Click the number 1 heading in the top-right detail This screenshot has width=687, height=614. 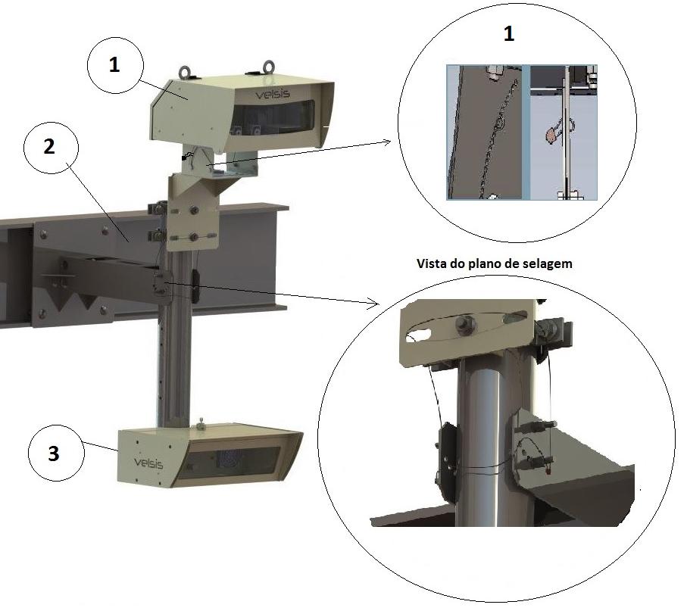(x=508, y=34)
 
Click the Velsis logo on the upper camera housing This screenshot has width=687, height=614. (x=273, y=94)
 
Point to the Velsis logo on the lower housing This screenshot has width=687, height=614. (x=148, y=463)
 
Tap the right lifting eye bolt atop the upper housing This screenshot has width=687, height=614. (x=268, y=67)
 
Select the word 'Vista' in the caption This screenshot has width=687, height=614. (x=429, y=263)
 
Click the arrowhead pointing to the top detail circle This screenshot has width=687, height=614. (x=386, y=142)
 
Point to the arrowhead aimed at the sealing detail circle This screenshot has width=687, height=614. (x=373, y=303)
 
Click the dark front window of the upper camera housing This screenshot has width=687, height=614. (x=273, y=117)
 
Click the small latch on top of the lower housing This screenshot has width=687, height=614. (x=201, y=424)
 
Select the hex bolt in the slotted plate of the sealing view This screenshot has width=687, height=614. (x=464, y=325)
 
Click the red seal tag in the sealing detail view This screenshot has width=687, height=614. (x=548, y=471)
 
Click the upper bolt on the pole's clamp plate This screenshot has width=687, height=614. (x=192, y=211)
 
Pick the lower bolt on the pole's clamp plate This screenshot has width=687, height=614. (x=193, y=238)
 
